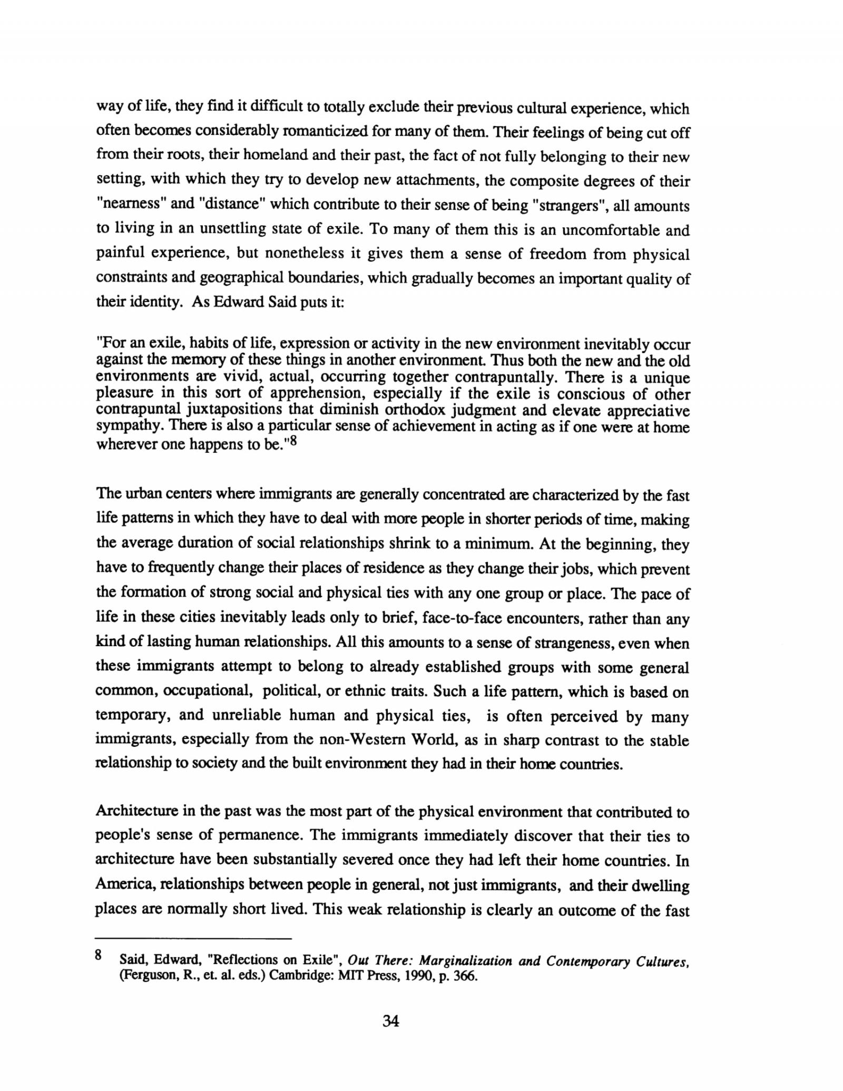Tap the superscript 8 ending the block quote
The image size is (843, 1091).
click(294, 442)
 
